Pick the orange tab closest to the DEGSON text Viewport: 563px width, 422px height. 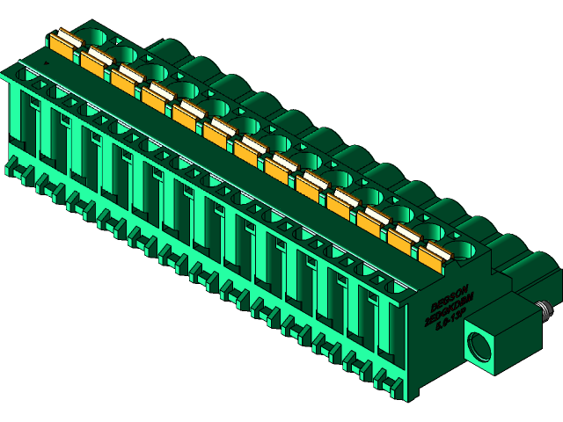point(432,255)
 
